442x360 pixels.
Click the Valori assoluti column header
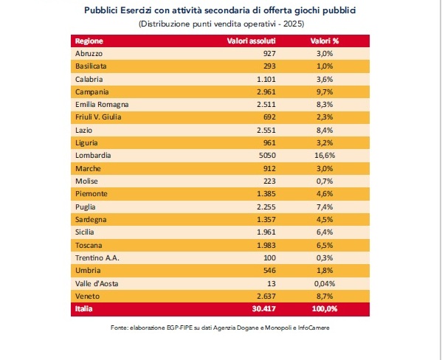(x=251, y=41)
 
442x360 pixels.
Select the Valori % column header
(x=325, y=41)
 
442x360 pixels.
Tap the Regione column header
(x=89, y=41)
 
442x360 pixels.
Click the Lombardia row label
(x=93, y=156)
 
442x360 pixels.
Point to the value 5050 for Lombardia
(x=267, y=156)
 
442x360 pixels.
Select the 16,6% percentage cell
(x=325, y=156)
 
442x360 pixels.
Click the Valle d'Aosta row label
(x=97, y=283)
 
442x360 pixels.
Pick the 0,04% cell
(x=325, y=283)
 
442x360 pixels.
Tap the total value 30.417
(x=264, y=308)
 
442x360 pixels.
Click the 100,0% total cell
(x=325, y=308)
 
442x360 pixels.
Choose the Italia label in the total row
(x=83, y=308)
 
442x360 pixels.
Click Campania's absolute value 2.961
(x=266, y=92)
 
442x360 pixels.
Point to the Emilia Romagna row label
(x=102, y=105)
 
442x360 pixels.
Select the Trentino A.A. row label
(x=97, y=258)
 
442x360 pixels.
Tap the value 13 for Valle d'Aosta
(x=272, y=283)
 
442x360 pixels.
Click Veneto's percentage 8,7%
(x=325, y=297)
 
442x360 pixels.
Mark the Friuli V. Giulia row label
(x=98, y=117)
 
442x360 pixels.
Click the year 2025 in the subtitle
(x=293, y=24)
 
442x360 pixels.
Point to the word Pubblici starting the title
(x=101, y=10)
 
